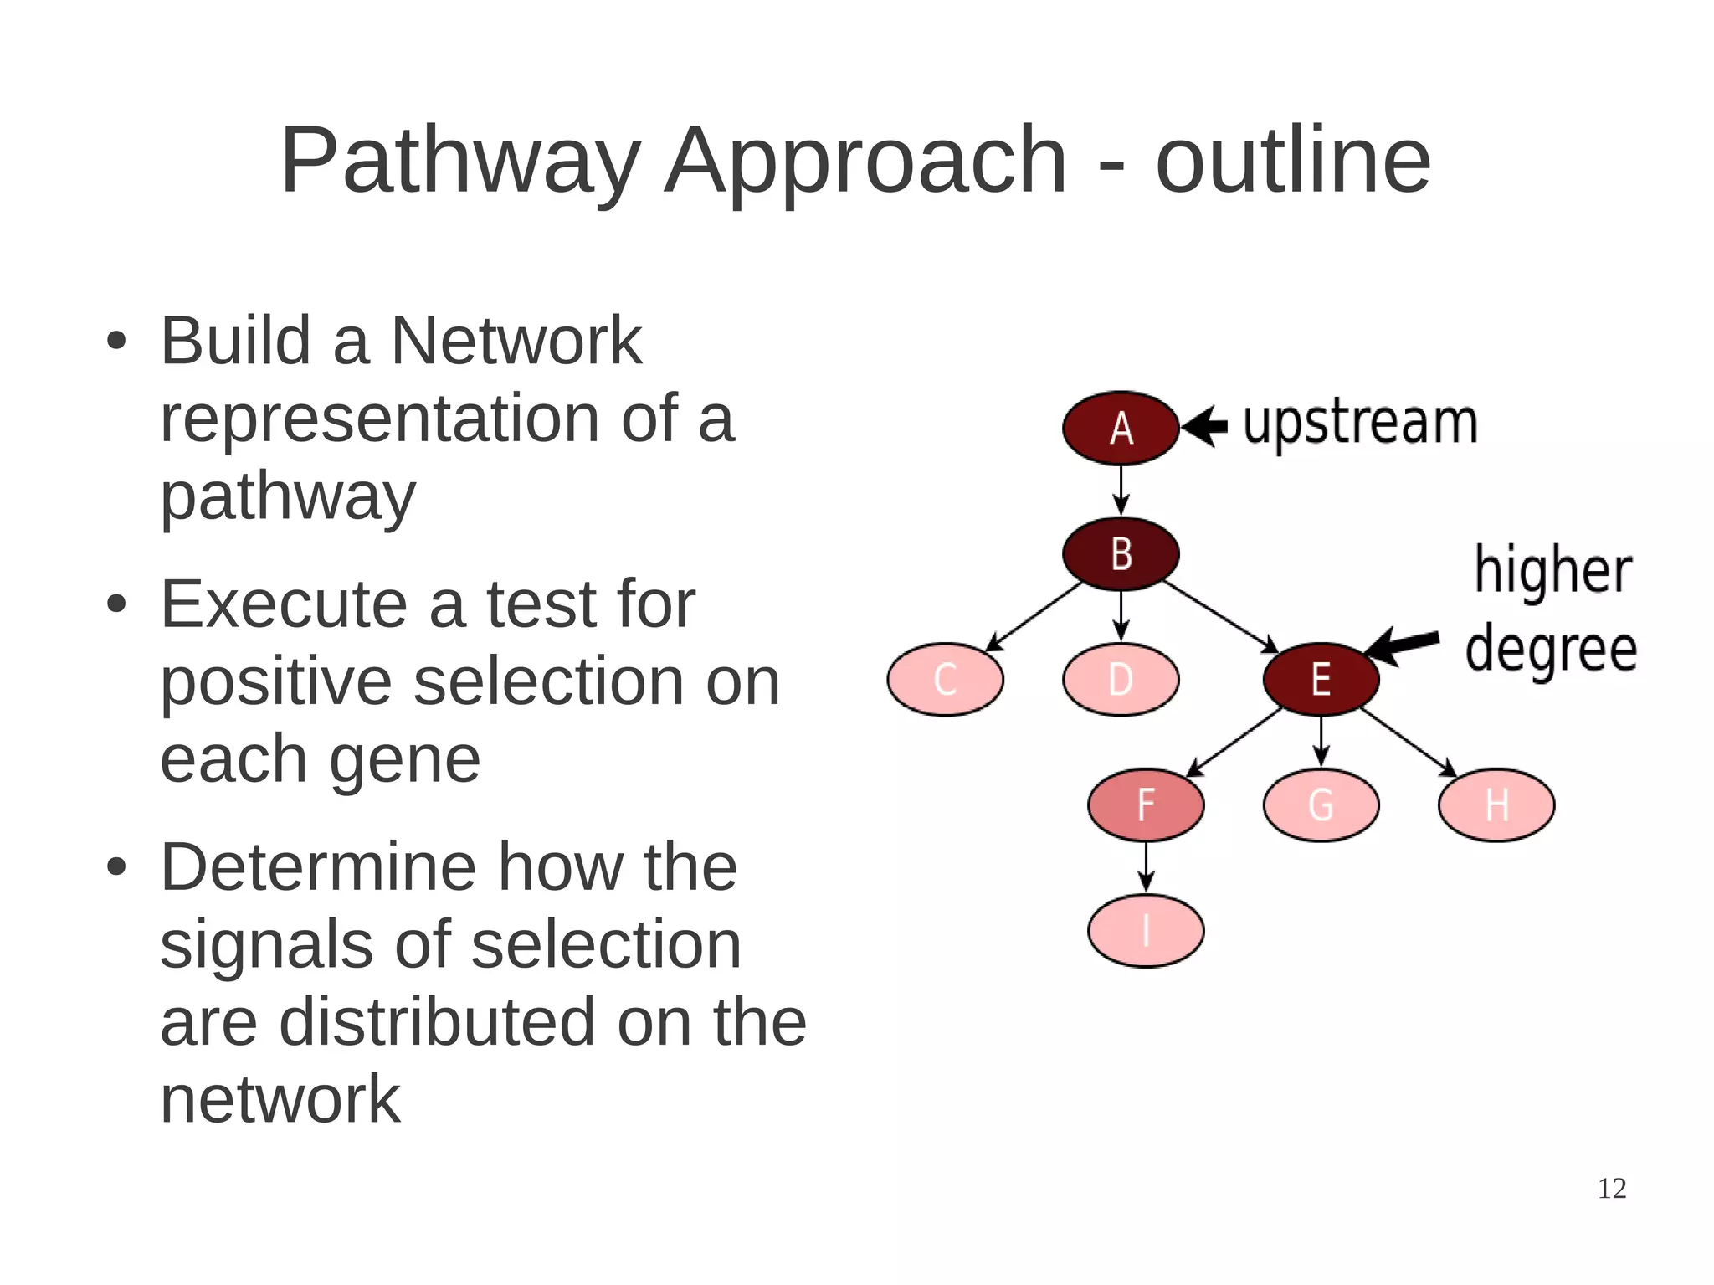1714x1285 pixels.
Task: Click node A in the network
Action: point(1121,428)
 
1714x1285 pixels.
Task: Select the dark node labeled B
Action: point(1121,553)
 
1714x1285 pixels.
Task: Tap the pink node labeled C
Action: point(945,679)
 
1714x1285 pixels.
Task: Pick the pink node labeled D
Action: point(1121,679)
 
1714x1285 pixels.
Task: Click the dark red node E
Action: point(1321,679)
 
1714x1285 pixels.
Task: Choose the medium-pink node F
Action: point(1146,804)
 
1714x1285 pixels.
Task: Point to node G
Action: point(1321,804)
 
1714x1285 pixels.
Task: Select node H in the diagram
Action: point(1496,804)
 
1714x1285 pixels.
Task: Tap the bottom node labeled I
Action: point(1146,930)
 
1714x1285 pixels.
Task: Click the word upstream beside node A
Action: point(1360,424)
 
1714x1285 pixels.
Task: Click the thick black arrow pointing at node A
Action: point(1205,427)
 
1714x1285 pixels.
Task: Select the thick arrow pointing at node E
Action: point(1402,645)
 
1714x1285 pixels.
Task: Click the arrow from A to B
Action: point(1121,491)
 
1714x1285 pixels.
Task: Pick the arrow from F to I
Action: point(1146,867)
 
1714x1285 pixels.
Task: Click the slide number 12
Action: point(1611,1188)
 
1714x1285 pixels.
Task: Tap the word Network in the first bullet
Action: point(516,341)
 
